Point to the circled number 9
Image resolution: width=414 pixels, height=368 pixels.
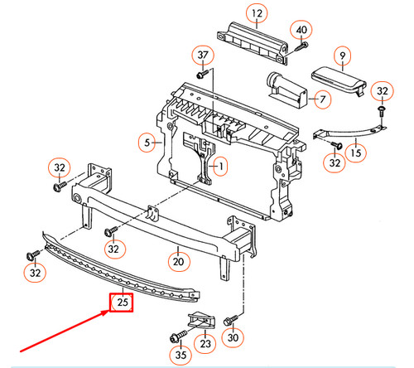[x=342, y=56]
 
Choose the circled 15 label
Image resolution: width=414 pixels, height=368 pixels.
[x=354, y=153]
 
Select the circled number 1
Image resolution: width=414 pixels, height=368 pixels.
[x=219, y=167]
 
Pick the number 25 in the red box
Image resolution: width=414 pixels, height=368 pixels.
[x=123, y=303]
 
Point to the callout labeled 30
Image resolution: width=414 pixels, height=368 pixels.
[x=233, y=337]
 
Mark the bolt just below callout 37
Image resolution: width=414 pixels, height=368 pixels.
[x=201, y=74]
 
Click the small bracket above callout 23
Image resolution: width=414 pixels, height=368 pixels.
[x=203, y=321]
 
